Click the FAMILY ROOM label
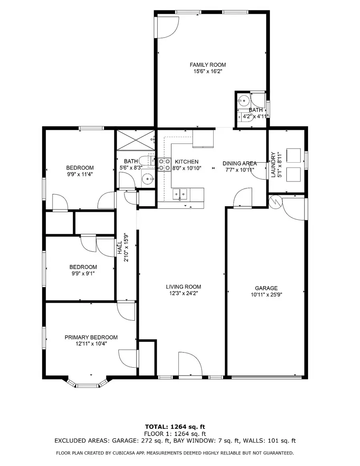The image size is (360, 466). tap(208, 65)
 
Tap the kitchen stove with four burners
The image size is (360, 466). tap(164, 165)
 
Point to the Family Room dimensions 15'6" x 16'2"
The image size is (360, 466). tap(208, 72)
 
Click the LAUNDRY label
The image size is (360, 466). tap(273, 165)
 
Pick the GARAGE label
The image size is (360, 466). tap(266, 288)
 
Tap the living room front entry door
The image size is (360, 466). tap(189, 366)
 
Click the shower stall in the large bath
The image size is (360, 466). tap(135, 139)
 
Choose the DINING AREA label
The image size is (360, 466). tap(240, 163)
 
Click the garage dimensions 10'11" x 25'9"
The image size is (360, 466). tap(266, 295)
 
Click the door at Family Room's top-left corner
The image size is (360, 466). tap(166, 26)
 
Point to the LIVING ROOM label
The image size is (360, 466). tap(183, 287)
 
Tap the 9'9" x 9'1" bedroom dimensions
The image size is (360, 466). tap(83, 274)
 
